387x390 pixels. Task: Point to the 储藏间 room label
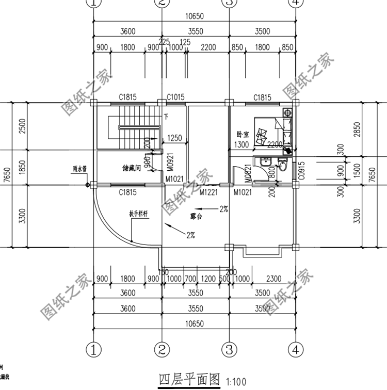[132, 168]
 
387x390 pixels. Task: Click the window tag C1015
[175, 97]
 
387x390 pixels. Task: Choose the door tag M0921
[169, 164]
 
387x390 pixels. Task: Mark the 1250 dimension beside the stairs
[175, 138]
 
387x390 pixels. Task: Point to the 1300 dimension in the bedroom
[240, 145]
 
